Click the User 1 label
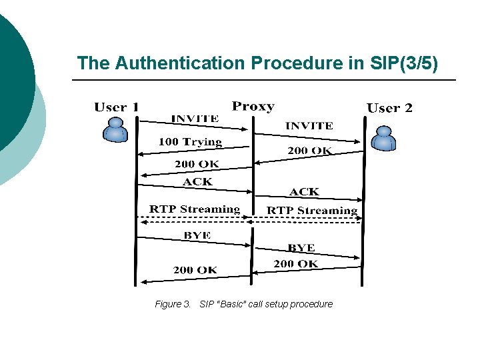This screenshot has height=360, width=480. coord(117,107)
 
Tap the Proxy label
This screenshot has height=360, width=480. coord(253,106)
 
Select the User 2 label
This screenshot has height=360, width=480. coord(389,108)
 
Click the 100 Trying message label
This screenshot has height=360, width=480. coord(190,141)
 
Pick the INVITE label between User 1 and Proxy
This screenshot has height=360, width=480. coord(195,118)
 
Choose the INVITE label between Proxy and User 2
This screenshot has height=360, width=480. coord(309,125)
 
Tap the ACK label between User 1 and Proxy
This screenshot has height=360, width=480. coord(197,181)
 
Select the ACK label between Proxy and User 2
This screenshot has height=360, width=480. coord(304,191)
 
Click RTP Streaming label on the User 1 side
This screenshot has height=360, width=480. coord(194,209)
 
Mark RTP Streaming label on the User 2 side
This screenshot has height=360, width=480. coord(312,211)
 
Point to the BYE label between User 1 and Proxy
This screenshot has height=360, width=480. coord(197,235)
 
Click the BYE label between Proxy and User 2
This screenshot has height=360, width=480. coord(301,247)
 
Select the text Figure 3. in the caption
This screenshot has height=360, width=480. coord(173,304)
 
